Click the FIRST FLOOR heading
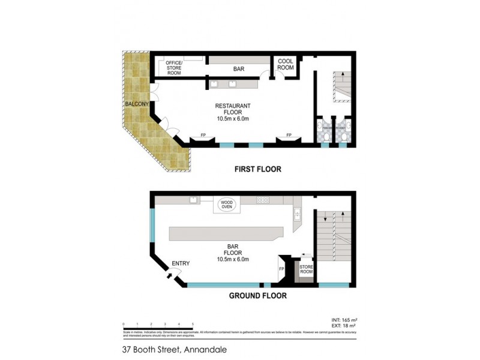coord(257,169)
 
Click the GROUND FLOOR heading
coord(257,296)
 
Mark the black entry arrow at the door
coord(169,275)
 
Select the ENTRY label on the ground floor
coord(181,263)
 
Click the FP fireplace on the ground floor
coord(281,268)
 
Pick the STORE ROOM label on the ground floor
coord(306,268)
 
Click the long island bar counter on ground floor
coord(226,233)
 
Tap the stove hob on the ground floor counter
coord(262,200)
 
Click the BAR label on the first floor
coord(238,69)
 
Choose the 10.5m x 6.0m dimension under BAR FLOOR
coord(233,260)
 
